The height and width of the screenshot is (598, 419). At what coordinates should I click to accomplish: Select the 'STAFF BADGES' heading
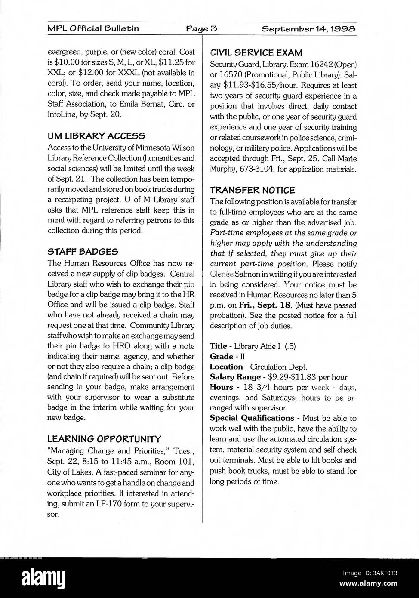83,252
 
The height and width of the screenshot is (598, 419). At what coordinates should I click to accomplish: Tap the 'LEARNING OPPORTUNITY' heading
104,439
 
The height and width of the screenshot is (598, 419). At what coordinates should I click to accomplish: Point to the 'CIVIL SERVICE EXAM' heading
256,53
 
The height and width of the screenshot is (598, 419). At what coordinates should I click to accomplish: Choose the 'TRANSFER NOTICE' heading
252,190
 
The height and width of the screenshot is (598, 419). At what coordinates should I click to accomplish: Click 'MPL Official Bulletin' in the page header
93,29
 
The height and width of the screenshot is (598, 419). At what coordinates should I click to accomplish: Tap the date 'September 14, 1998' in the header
308,29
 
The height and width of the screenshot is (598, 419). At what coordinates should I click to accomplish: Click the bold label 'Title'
218,346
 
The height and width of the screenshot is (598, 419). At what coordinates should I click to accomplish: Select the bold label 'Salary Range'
235,377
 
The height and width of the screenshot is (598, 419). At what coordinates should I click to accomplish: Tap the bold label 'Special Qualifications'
252,418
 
